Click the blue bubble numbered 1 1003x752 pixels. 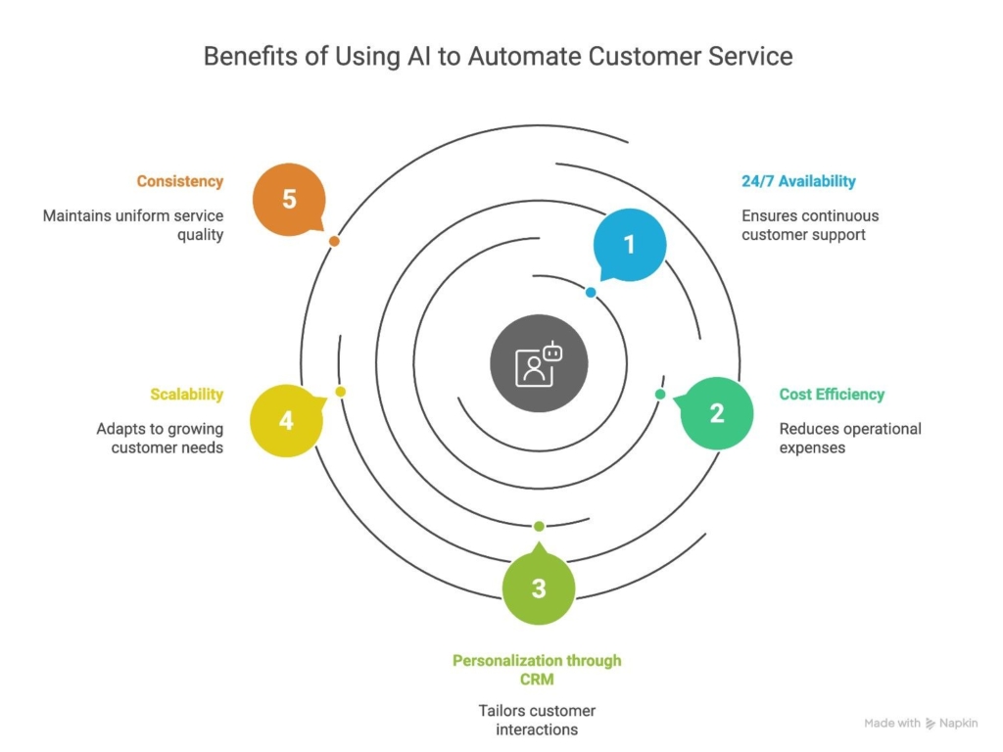tap(630, 244)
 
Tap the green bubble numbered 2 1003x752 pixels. tap(716, 413)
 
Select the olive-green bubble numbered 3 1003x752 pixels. tap(539, 587)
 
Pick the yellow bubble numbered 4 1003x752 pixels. tap(287, 420)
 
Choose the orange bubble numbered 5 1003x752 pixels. tap(289, 199)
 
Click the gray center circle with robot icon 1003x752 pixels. tap(539, 363)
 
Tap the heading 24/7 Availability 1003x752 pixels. tap(798, 181)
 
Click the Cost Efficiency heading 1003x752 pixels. tap(832, 395)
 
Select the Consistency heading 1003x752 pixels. tap(180, 181)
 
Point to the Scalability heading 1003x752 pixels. tap(187, 395)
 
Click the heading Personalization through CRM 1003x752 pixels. tap(537, 670)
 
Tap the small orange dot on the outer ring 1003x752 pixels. tap(334, 241)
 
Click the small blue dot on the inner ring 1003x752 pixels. tap(591, 292)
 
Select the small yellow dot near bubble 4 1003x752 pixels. tap(340, 392)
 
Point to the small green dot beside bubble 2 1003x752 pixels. tap(660, 395)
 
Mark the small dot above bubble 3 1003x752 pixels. tap(539, 526)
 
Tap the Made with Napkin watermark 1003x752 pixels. tap(921, 724)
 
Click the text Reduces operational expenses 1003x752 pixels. tap(850, 438)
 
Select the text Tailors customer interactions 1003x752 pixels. tap(537, 720)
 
